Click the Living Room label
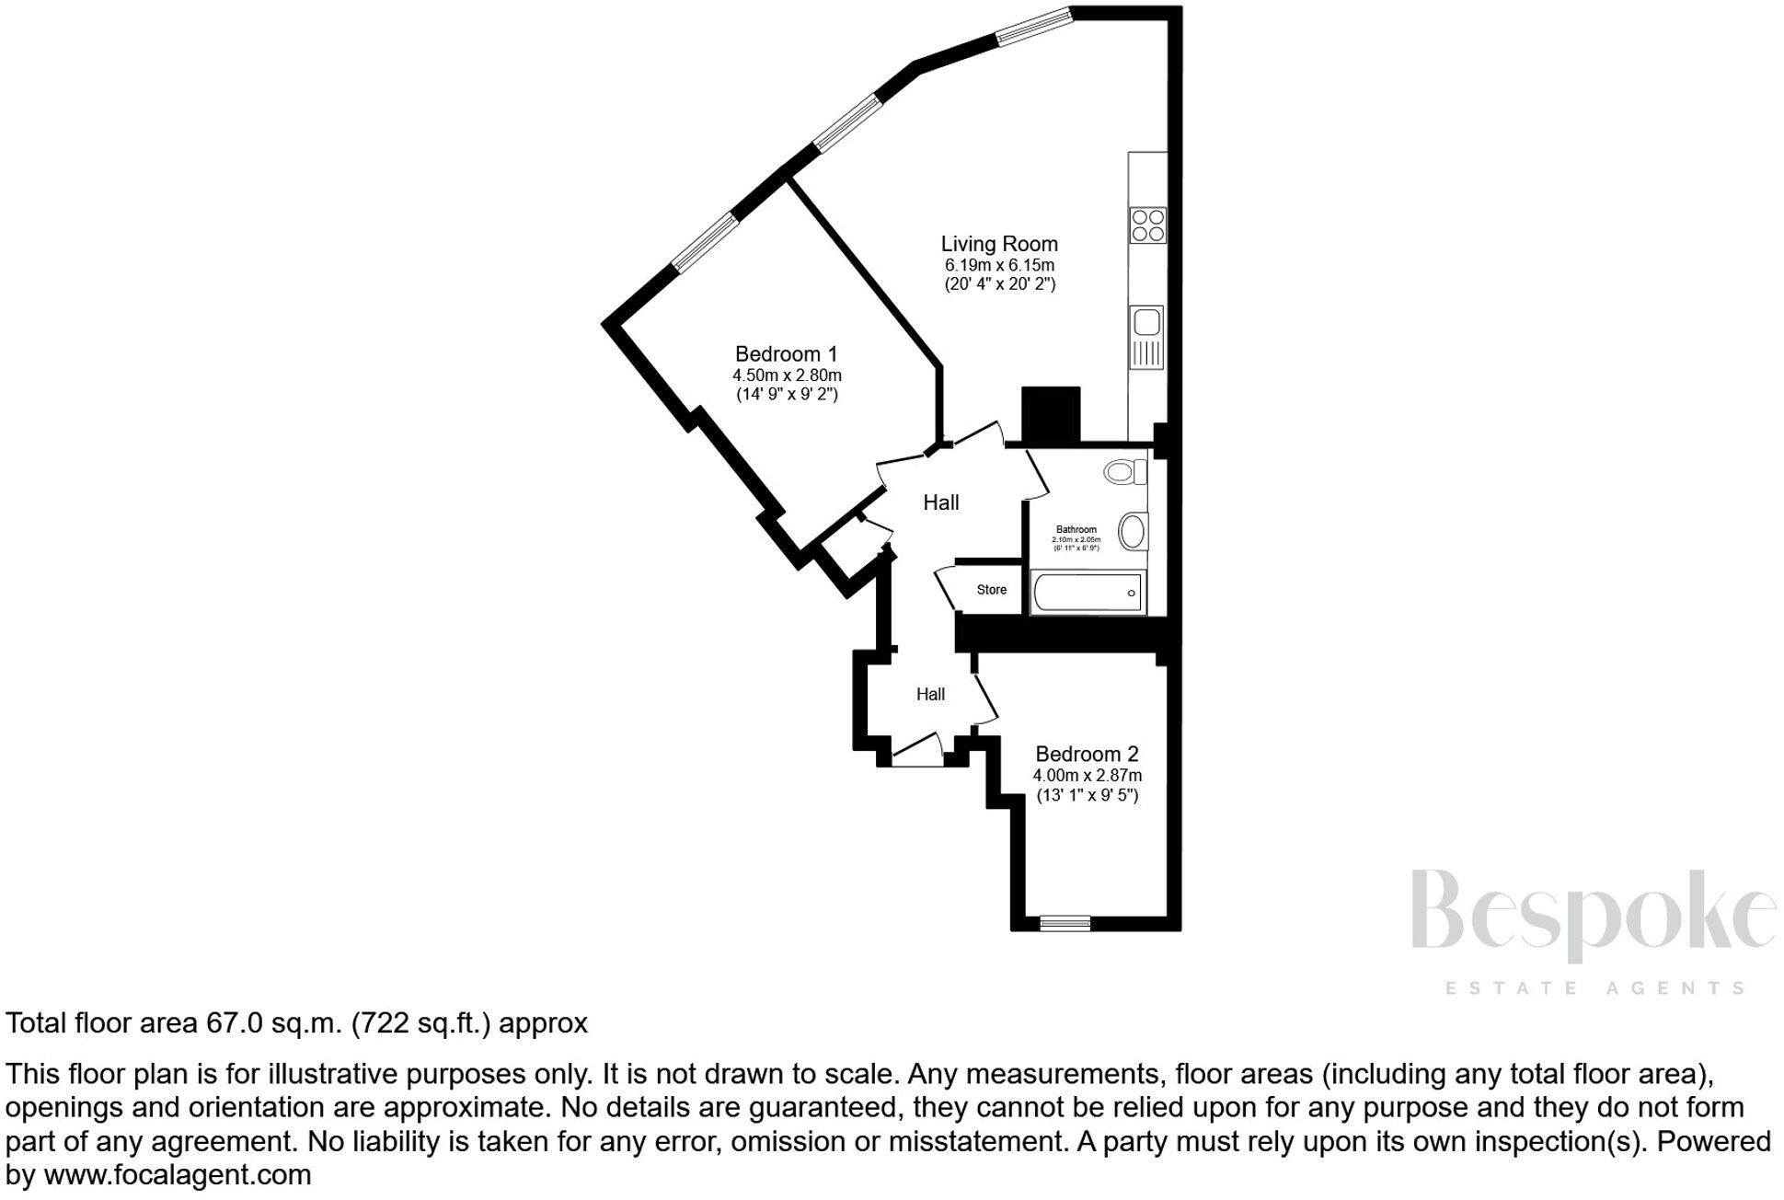998,244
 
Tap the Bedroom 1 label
787,353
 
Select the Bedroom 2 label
1087,754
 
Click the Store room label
991,590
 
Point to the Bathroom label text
1076,529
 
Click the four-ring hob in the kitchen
1148,225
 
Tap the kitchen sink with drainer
1146,338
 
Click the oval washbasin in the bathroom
1133,532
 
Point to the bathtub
1088,593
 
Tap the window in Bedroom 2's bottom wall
1065,922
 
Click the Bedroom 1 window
705,243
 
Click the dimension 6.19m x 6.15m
999,265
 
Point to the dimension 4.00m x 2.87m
1087,776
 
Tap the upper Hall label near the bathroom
940,502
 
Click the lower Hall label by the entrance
930,695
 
